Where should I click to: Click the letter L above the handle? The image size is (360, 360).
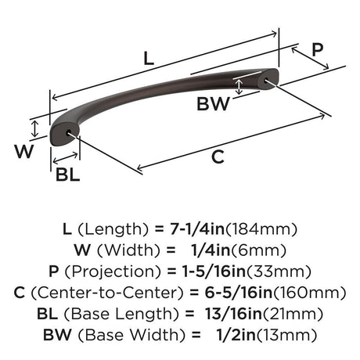(x=149, y=59)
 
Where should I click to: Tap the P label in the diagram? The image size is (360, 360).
(x=318, y=49)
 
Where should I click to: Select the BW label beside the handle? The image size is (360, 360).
(x=213, y=103)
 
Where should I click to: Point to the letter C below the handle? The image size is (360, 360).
(x=218, y=157)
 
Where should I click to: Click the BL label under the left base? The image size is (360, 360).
(x=67, y=175)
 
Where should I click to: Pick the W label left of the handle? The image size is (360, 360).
(x=24, y=151)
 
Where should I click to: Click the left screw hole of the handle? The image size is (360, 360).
(x=69, y=131)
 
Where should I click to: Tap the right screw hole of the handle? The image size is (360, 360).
(x=266, y=81)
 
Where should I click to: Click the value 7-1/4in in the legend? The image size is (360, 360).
(x=197, y=229)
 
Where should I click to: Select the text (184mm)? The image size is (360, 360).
(x=261, y=229)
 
